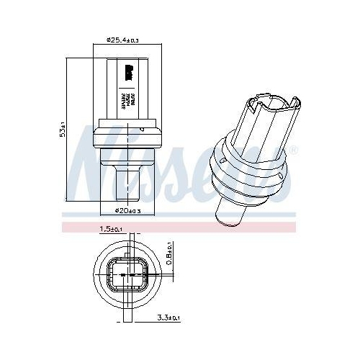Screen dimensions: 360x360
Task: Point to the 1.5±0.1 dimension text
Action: click(x=109, y=229)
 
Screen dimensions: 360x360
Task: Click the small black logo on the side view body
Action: click(x=130, y=71)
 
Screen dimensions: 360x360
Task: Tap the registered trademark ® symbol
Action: click(x=293, y=150)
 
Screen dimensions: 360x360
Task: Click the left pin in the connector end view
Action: click(x=120, y=275)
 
